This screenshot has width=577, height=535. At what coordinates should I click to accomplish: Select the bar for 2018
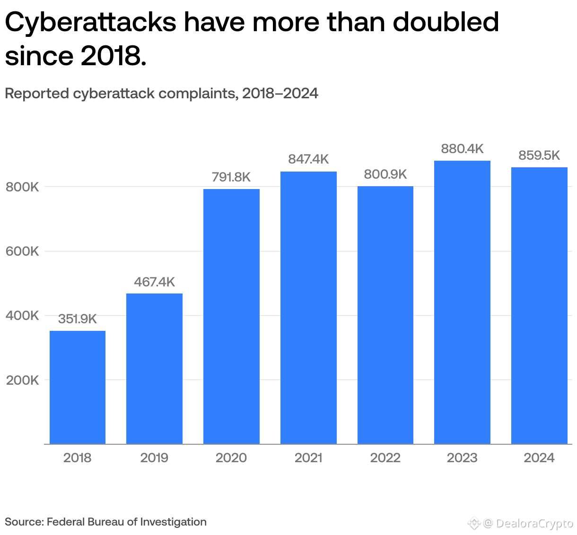(x=78, y=387)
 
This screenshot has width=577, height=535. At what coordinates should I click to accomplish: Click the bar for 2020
(x=231, y=316)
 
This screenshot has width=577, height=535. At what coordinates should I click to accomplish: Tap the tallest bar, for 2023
(x=462, y=302)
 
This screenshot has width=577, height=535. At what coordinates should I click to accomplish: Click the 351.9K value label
(x=78, y=319)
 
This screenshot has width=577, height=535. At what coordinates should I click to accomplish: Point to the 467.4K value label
(x=154, y=282)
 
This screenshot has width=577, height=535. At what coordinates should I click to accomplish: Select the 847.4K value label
(x=308, y=159)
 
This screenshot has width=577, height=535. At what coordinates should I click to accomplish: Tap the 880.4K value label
(x=462, y=149)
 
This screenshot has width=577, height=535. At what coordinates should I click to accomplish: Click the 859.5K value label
(x=539, y=155)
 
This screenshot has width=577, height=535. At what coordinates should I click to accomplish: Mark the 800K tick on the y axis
(x=22, y=187)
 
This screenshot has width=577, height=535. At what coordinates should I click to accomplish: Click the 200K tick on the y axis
(x=22, y=380)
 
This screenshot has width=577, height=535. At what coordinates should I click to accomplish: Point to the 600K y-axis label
(x=22, y=251)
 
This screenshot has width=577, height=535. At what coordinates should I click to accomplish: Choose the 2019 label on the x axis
(x=154, y=457)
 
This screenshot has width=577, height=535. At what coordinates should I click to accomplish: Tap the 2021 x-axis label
(x=308, y=457)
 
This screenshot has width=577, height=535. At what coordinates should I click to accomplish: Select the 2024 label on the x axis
(x=539, y=457)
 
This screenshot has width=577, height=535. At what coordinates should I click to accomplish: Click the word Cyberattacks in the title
(x=90, y=23)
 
